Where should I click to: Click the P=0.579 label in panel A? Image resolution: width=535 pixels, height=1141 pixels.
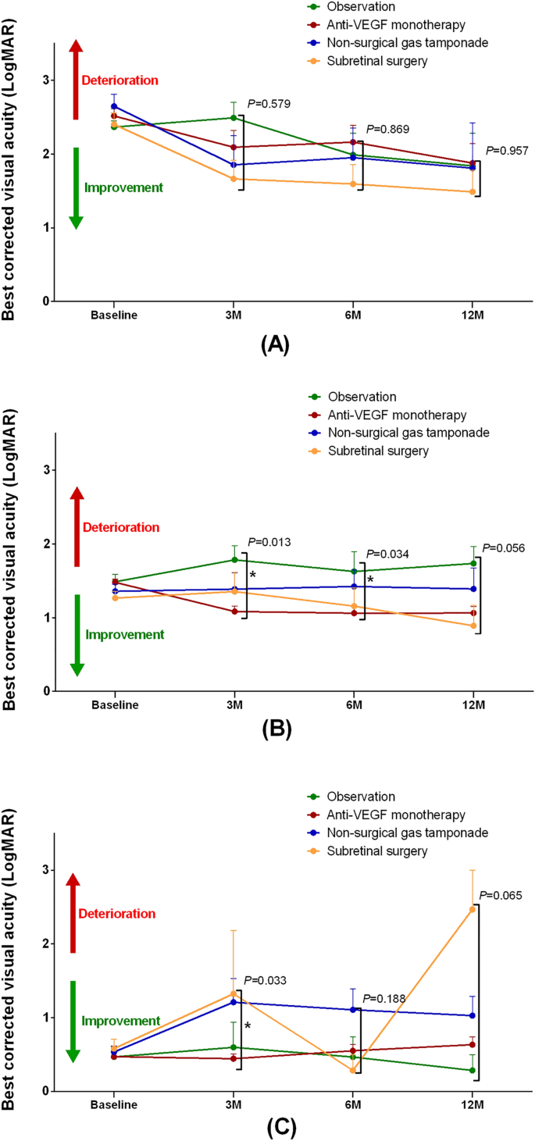pyautogui.click(x=268, y=103)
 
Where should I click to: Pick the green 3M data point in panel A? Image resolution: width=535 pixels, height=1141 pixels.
pyautogui.click(x=234, y=118)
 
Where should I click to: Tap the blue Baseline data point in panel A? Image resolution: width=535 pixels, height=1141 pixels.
pyautogui.click(x=114, y=106)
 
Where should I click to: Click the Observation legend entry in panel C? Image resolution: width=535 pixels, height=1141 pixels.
pyautogui.click(x=362, y=797)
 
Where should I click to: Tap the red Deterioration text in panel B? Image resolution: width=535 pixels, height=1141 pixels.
pyautogui.click(x=120, y=527)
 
